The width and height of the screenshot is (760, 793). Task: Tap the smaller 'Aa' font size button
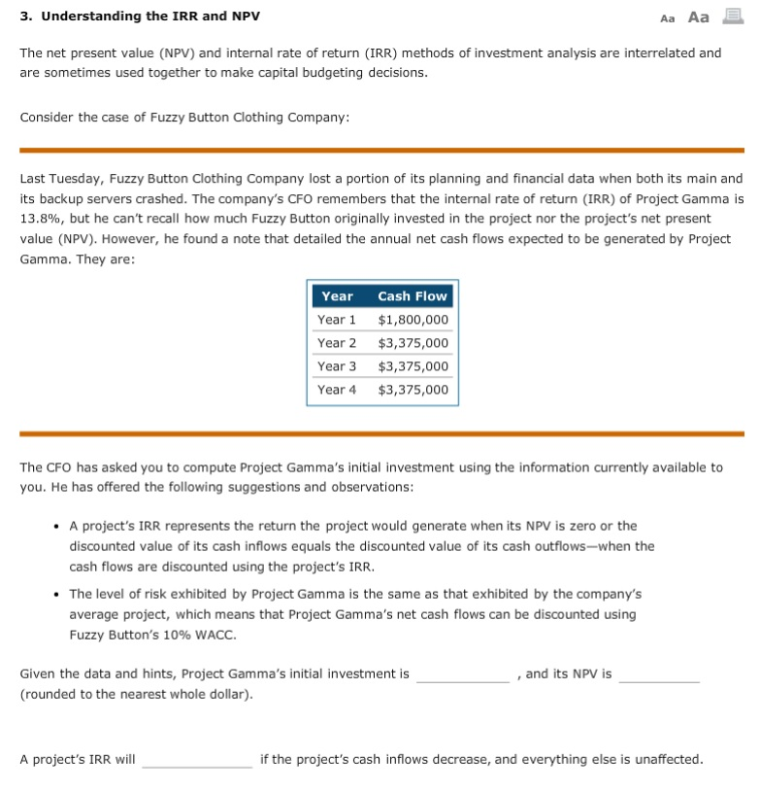pos(667,17)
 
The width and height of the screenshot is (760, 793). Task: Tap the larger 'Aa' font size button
pos(698,17)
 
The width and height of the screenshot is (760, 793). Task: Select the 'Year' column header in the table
pos(337,296)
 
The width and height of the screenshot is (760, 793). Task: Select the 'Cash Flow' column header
pos(413,296)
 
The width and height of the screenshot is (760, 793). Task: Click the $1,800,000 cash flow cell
pos(413,320)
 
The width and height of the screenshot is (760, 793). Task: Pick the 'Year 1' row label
pos(337,320)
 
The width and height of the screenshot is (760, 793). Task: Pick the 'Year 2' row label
pos(337,343)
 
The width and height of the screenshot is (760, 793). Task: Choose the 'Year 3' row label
pos(337,366)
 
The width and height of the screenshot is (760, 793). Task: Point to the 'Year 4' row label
pos(337,390)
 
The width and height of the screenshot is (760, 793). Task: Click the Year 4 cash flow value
pos(413,390)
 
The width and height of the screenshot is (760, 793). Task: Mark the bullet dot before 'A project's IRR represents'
pos(57,526)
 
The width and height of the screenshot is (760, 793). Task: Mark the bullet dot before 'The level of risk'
pos(57,594)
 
